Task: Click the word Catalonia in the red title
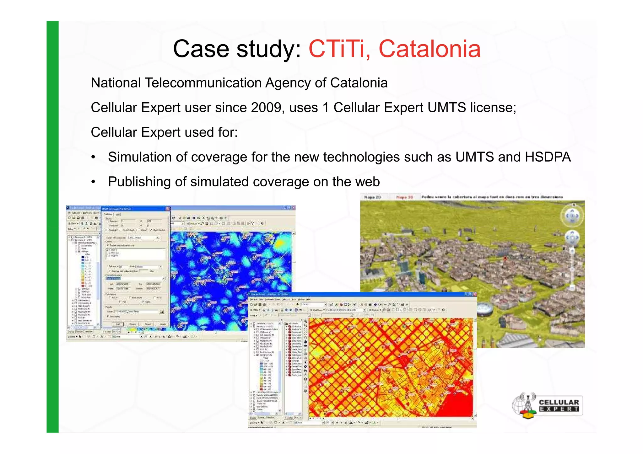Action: point(430,49)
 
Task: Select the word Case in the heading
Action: point(201,49)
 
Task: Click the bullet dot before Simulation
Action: point(93,157)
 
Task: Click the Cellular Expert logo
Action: point(547,405)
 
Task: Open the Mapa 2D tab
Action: point(372,197)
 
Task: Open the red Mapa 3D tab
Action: point(404,197)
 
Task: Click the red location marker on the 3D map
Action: point(505,258)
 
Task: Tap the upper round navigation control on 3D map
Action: point(572,216)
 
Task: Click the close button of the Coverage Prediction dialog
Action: point(168,209)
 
